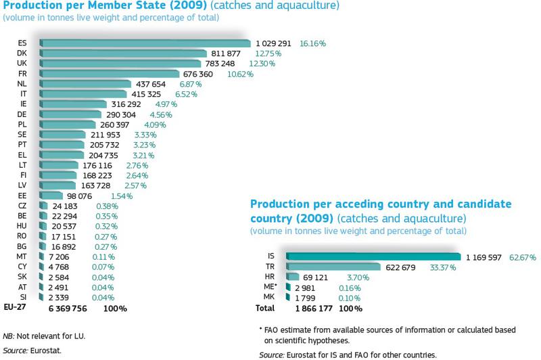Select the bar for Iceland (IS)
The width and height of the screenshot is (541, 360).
coord(372,256)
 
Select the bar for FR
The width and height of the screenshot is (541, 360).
coord(110,74)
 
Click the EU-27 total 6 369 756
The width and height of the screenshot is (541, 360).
coord(71,308)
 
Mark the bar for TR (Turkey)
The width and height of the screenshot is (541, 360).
coord(333,267)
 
